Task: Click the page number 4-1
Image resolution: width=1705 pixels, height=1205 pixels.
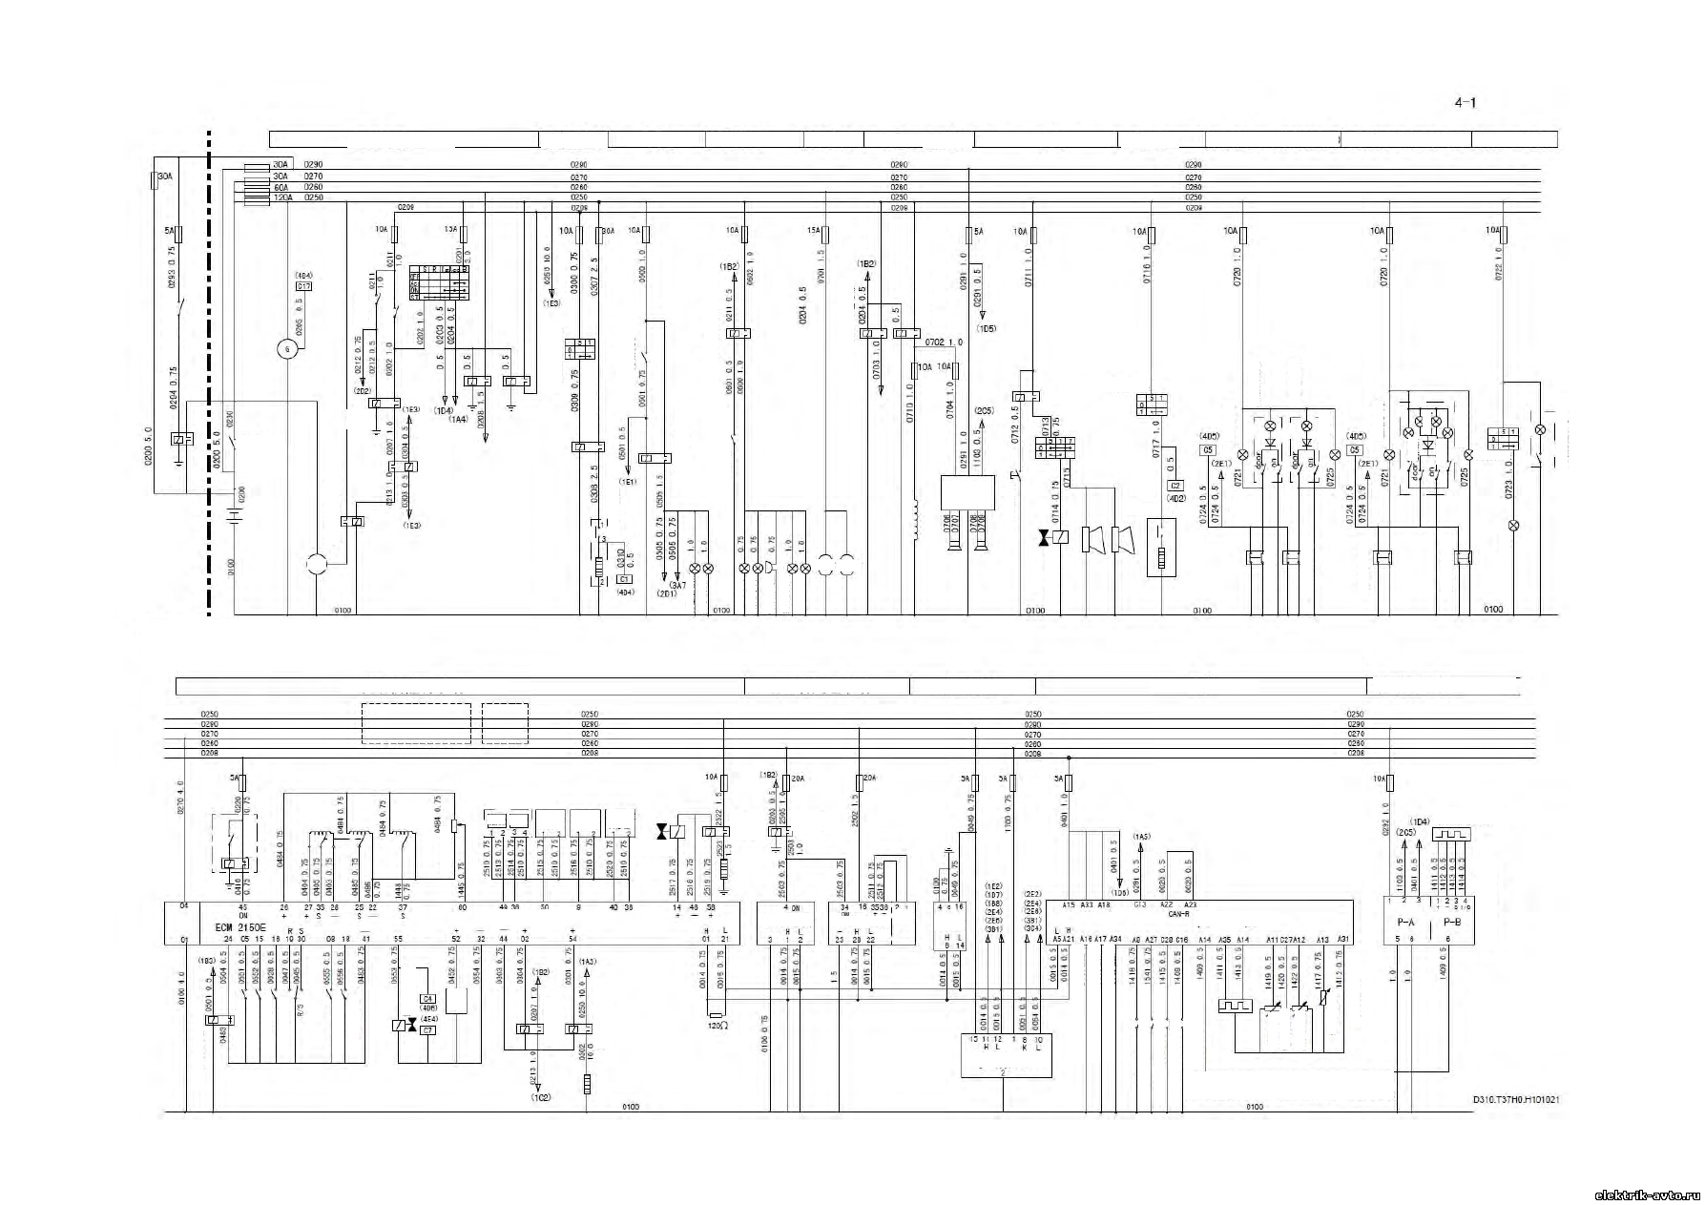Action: pos(1465,104)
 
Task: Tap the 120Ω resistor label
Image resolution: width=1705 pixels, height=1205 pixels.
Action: pos(717,1025)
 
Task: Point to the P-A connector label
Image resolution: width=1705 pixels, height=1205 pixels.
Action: pos(1404,923)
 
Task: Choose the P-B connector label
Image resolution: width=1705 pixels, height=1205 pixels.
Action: pos(1451,923)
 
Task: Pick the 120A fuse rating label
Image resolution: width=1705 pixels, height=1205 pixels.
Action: pos(256,197)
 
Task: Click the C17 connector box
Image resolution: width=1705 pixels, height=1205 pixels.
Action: pos(303,286)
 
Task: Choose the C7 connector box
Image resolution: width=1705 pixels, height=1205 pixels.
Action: pos(428,1029)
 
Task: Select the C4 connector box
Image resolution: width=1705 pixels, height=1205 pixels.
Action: pos(428,998)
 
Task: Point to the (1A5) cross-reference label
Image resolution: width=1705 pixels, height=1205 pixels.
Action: pos(1142,836)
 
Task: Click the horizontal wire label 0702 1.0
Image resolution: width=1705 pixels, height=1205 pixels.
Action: pos(944,342)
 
